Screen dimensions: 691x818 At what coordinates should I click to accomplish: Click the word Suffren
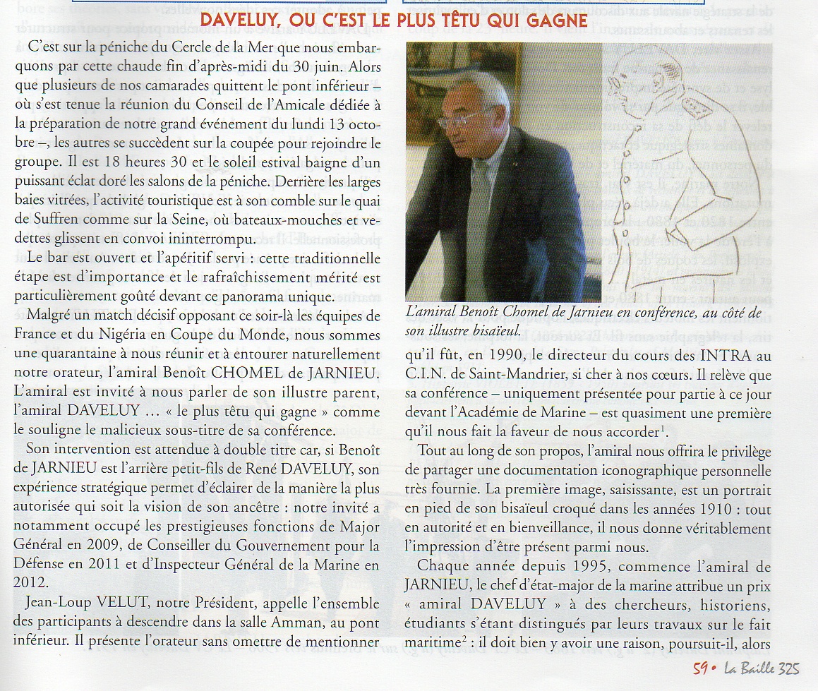(x=63, y=218)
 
